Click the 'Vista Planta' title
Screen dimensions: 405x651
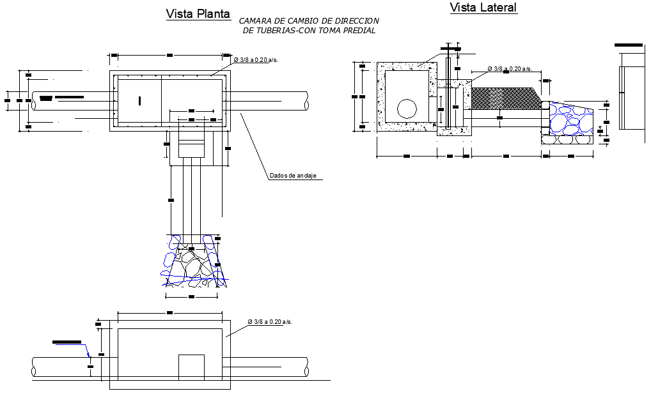(198, 14)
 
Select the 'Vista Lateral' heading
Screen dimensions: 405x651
(483, 8)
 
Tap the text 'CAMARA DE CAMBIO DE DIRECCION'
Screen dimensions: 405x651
(309, 21)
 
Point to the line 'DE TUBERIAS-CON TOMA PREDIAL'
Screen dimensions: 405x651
(309, 31)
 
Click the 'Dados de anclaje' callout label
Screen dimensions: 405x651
(293, 176)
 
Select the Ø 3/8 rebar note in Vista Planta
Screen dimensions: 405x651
(256, 59)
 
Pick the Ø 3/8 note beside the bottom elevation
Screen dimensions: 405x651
(270, 321)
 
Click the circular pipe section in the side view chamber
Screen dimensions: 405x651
(406, 109)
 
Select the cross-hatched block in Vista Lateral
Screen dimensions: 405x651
(505, 100)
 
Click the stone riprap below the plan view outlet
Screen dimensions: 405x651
(194, 261)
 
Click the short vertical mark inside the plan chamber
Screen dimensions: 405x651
(140, 100)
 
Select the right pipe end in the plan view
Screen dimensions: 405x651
(306, 101)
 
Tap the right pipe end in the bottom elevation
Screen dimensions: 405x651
(306, 367)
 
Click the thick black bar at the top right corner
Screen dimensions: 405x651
(629, 45)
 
